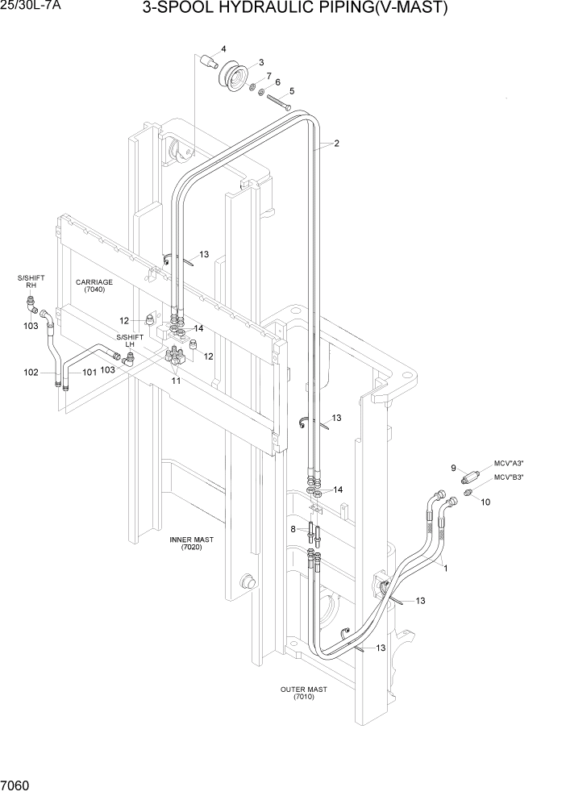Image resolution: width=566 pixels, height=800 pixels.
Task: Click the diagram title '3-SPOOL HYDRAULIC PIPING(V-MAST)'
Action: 294,9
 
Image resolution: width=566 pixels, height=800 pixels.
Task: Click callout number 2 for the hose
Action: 336,144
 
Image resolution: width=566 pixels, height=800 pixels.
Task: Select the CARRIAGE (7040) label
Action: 94,286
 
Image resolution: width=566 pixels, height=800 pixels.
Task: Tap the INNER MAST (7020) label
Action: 191,543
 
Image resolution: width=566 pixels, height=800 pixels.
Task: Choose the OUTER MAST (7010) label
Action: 303,693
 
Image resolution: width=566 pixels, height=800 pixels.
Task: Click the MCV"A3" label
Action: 509,464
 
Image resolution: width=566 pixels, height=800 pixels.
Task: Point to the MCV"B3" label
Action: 509,477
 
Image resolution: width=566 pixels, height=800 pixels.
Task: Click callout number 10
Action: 485,502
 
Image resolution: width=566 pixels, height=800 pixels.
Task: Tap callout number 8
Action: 293,529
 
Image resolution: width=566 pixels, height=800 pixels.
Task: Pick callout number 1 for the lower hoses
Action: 445,567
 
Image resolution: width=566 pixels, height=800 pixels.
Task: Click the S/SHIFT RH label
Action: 31,281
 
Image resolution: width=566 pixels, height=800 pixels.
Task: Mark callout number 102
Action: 31,372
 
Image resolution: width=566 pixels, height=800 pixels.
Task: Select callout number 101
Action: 89,372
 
